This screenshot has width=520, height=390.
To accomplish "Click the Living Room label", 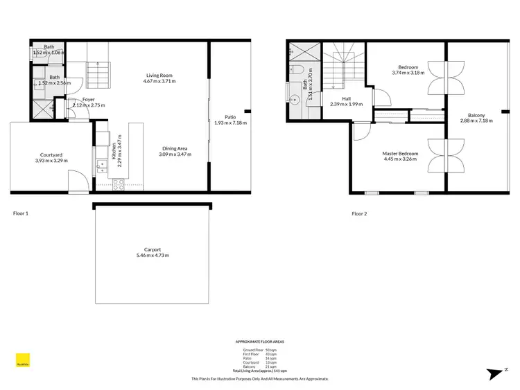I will coord(159,75).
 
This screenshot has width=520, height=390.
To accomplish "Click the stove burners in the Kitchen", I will coord(118,184).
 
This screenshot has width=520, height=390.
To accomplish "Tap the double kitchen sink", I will coord(100,166).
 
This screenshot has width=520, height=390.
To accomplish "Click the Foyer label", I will coord(88,99).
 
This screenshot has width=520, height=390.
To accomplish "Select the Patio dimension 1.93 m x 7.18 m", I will coord(231,123).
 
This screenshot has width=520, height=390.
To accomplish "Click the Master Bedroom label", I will coord(400,153).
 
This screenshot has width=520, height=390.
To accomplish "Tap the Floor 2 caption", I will coord(359,214).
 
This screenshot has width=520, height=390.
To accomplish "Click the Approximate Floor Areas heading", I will coord(259,342).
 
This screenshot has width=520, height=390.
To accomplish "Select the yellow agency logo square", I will coord(22,360).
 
